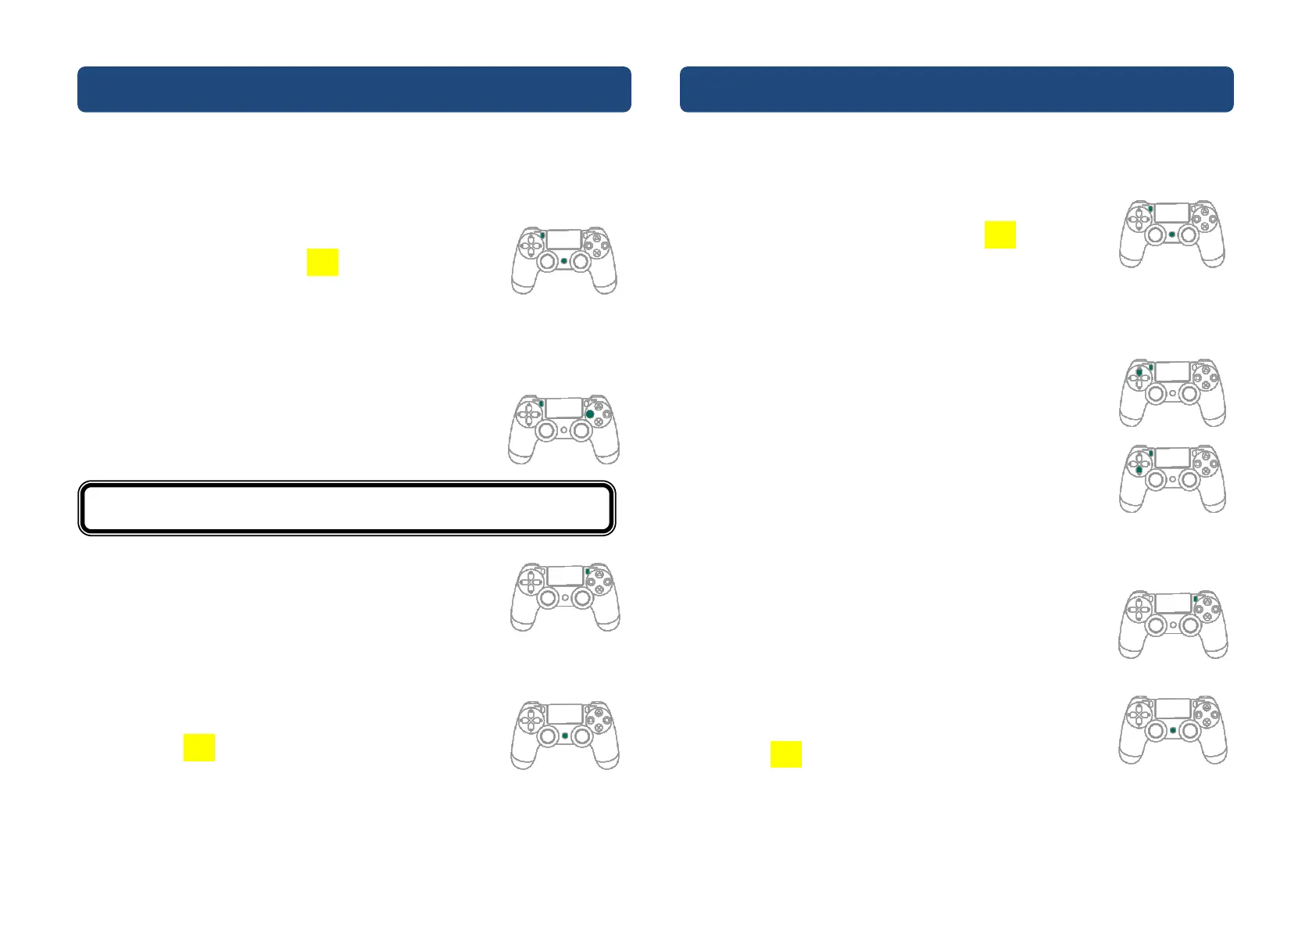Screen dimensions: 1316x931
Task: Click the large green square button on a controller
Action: (x=590, y=414)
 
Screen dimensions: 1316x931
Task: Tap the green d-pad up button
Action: (x=1139, y=373)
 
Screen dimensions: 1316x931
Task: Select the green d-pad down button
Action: (x=1139, y=470)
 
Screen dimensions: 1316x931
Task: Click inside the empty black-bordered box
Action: (x=347, y=508)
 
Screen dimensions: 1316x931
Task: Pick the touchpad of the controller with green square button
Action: (x=563, y=407)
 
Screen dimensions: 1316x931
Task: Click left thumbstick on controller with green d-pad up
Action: (x=1156, y=393)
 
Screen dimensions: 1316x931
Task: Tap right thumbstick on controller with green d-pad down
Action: (x=1189, y=479)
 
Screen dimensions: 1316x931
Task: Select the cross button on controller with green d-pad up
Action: (x=1206, y=385)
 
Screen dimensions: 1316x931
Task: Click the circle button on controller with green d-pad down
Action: (x=1214, y=464)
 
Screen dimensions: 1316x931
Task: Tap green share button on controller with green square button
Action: (x=541, y=403)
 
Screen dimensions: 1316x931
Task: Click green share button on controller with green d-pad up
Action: (x=1151, y=367)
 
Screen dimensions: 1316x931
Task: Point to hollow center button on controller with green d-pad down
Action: (x=1172, y=479)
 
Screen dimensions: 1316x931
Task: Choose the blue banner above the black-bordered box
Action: (x=354, y=89)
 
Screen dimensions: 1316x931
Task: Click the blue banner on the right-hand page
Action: (x=957, y=89)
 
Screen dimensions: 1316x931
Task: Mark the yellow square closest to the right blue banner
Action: (x=1000, y=235)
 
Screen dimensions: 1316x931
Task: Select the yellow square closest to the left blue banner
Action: (x=322, y=262)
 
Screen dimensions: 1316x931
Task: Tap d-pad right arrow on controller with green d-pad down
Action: (x=1146, y=464)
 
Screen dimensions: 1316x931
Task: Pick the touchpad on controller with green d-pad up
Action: (x=1172, y=371)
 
